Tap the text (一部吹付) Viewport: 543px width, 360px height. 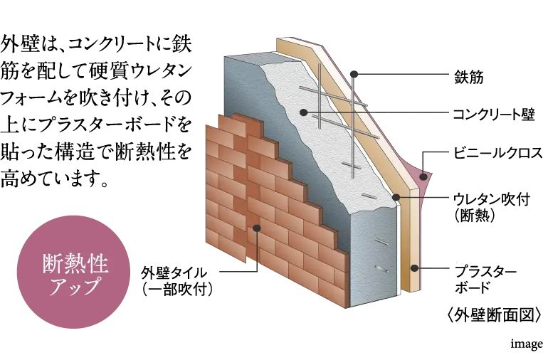pos(177,290)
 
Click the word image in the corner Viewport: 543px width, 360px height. pos(526,344)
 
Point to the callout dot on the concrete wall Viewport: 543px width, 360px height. pos(302,113)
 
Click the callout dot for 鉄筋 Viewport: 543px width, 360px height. pos(354,73)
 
